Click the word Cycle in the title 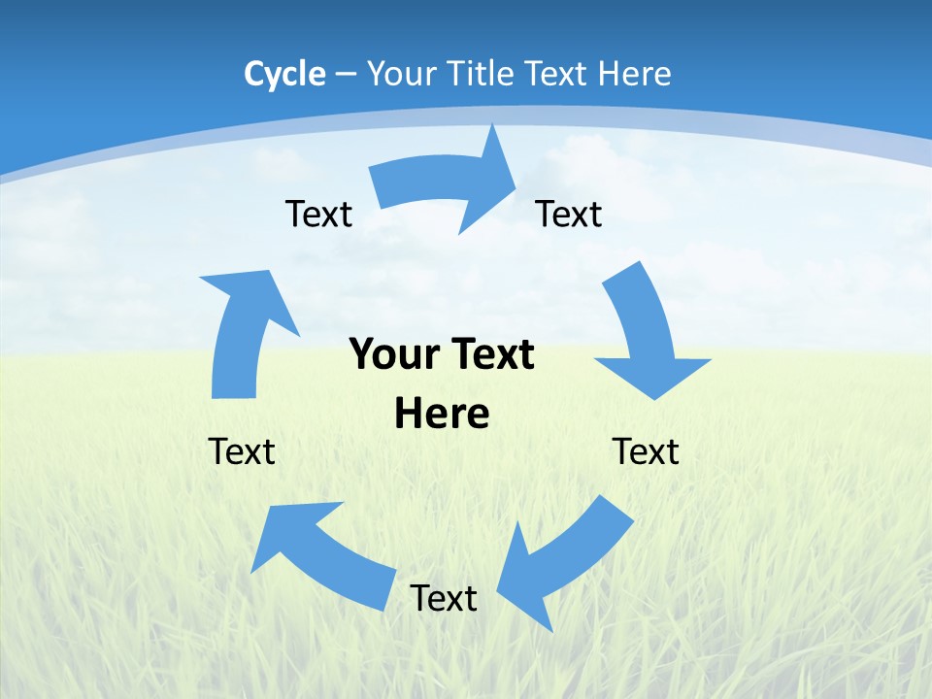tap(284, 74)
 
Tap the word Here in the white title tap(634, 74)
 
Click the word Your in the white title tap(401, 74)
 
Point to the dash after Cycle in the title tap(346, 75)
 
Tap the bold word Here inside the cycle tap(442, 414)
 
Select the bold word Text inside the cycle tap(491, 354)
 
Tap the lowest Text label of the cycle tap(444, 598)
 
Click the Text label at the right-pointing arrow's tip tap(569, 214)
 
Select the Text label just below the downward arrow tap(646, 451)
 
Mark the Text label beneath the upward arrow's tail tap(242, 451)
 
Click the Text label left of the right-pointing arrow tap(318, 214)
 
